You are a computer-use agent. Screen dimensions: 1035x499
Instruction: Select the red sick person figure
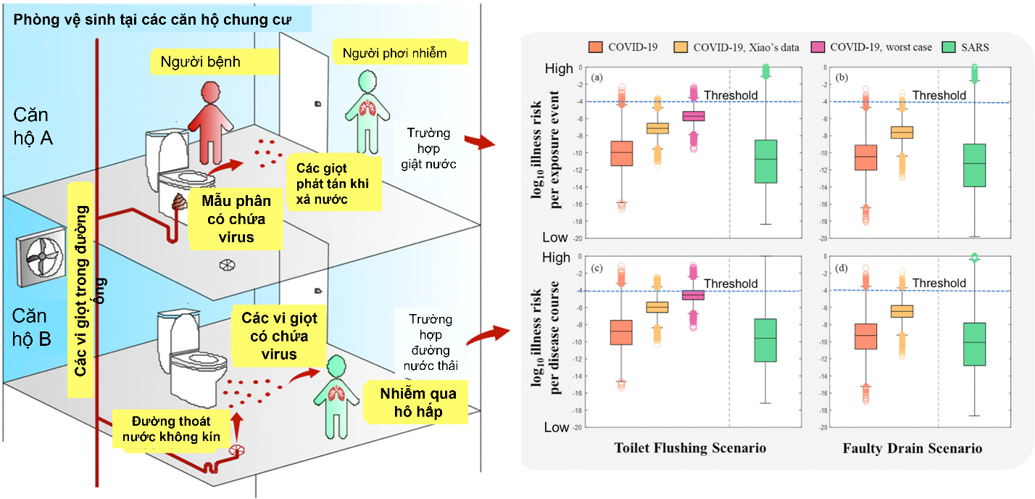[x=211, y=123]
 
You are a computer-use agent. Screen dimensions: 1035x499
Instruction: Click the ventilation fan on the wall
[x=41, y=257]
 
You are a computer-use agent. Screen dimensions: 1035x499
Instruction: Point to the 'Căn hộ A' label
[x=33, y=126]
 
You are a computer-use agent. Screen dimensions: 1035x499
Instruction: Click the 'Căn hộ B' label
[x=31, y=327]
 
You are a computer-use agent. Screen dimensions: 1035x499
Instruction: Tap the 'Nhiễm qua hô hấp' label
[x=417, y=403]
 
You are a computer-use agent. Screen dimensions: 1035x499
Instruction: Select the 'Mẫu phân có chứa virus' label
[x=236, y=219]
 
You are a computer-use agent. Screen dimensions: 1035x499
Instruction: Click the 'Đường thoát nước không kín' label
[x=171, y=429]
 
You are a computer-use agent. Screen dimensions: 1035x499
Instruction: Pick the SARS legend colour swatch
[x=949, y=47]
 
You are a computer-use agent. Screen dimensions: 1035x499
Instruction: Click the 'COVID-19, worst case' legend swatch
[x=818, y=47]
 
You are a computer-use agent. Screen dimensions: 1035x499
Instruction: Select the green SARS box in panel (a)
[x=765, y=162]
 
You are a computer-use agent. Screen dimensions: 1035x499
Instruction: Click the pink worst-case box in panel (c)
[x=693, y=295]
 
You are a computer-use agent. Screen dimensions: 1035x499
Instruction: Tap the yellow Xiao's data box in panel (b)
[x=902, y=132]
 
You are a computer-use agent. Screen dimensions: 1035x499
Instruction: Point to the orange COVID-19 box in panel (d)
[x=865, y=337]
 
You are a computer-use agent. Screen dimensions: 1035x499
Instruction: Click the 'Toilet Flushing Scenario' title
[x=690, y=448]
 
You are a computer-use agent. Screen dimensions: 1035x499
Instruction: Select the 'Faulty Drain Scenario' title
[x=912, y=448]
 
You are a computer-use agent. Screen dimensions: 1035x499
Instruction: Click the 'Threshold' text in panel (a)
[x=731, y=95]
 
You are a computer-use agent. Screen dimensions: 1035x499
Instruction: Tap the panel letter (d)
[x=841, y=268]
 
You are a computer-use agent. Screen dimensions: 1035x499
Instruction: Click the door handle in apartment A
[x=318, y=104]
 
